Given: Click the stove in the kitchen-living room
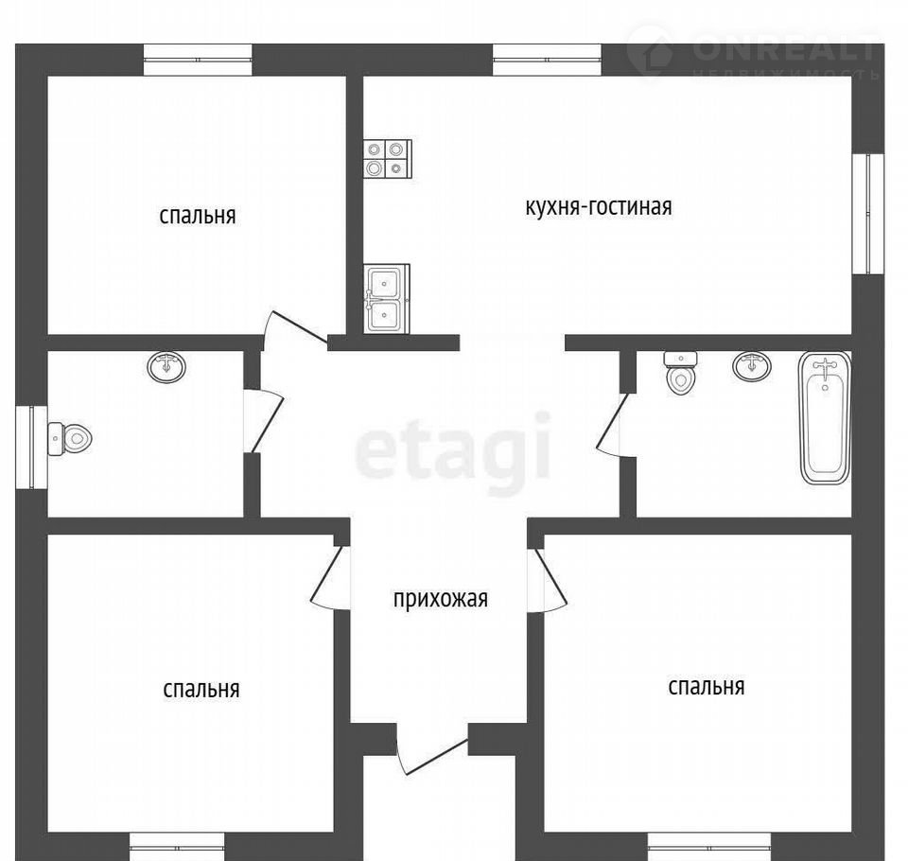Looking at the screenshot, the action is [x=388, y=159].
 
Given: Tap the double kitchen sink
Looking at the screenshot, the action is [x=386, y=299].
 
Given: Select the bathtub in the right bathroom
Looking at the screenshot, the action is [x=825, y=417].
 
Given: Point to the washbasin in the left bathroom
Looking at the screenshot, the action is [x=166, y=367].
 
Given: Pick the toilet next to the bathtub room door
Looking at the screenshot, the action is [x=680, y=373].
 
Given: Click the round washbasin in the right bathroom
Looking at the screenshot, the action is [x=752, y=365].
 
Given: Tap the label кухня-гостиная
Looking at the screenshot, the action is [x=598, y=207].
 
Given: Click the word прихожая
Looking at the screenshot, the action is [x=440, y=599].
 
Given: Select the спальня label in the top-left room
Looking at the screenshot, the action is [x=198, y=216].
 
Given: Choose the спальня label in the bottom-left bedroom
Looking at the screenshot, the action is [x=201, y=689].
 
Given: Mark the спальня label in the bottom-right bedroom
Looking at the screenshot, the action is [x=706, y=687].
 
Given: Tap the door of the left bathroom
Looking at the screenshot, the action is [x=263, y=420].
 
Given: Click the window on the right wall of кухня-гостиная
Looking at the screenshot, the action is [x=868, y=213].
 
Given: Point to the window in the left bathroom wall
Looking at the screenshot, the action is [x=31, y=447].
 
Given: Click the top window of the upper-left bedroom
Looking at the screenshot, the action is [x=198, y=60].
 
